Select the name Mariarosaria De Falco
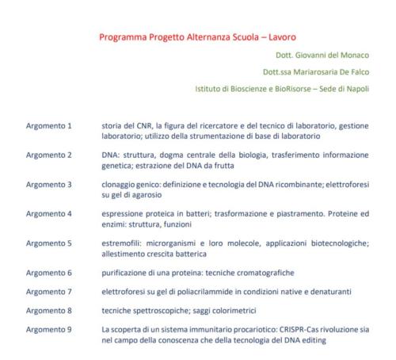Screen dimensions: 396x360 tap(325, 71)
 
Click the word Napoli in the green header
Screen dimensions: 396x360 tap(360, 87)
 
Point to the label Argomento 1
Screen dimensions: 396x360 tap(49, 125)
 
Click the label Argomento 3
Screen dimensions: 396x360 tap(49, 184)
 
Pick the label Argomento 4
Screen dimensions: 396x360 tap(49, 213)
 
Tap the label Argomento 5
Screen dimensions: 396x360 tap(49, 242)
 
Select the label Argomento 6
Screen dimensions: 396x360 tap(49, 271)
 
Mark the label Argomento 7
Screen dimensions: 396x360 tap(49, 290)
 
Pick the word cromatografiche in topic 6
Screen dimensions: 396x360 tap(270, 271)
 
